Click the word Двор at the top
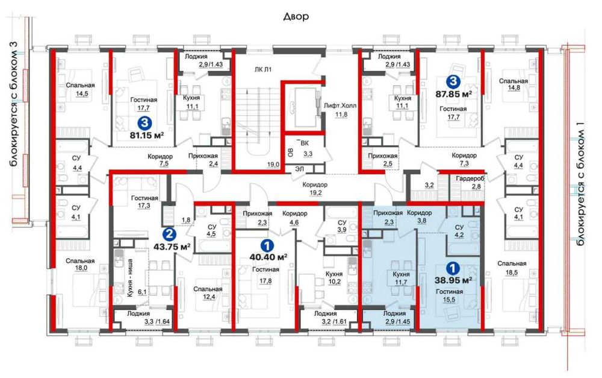point(296,16)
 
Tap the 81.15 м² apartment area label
point(147,136)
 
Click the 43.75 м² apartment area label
point(172,247)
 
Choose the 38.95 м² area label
point(453,280)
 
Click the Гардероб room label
point(470,179)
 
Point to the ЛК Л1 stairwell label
point(263,69)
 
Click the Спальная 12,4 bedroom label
point(208,293)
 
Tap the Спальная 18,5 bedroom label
point(512,268)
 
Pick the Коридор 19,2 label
point(315,189)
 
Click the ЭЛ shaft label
point(299,168)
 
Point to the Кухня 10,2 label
point(334,278)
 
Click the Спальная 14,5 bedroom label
point(80,89)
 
